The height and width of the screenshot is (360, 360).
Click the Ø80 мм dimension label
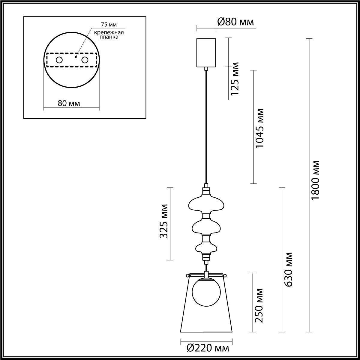pos(235,22)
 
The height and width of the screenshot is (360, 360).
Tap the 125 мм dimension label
pos(235,79)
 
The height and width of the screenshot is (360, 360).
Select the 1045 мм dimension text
pos(260,128)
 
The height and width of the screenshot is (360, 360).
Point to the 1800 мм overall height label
pos(315,181)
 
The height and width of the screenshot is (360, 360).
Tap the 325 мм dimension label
pos(164,221)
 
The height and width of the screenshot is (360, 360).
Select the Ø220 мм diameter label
pos(208,348)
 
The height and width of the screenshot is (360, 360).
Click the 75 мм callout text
pos(109,25)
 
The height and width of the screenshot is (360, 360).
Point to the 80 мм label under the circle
pos(69,103)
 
